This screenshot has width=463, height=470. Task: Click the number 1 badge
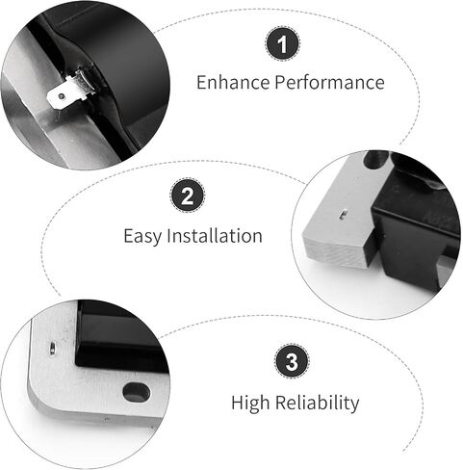coord(283,44)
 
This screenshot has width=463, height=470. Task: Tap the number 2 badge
coord(188,195)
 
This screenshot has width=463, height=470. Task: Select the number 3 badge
coord(292,361)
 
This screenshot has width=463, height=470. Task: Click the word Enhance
coord(233,82)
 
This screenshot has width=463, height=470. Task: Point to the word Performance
coord(329,82)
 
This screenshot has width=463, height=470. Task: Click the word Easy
coord(142,236)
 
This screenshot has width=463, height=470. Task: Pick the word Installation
coord(215,236)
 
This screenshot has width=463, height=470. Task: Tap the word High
coord(250,404)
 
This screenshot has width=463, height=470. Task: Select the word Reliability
coord(317,403)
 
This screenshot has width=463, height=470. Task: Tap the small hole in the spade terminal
coord(61,95)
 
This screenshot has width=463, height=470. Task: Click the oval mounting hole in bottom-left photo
coord(137,392)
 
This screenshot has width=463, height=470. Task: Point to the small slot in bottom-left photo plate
coord(52,349)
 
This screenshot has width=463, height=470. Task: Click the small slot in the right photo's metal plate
coord(343,215)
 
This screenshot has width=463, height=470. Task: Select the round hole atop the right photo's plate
coord(376,160)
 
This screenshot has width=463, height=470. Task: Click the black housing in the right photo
coord(417,224)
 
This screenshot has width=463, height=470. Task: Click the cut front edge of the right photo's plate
coord(334,252)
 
